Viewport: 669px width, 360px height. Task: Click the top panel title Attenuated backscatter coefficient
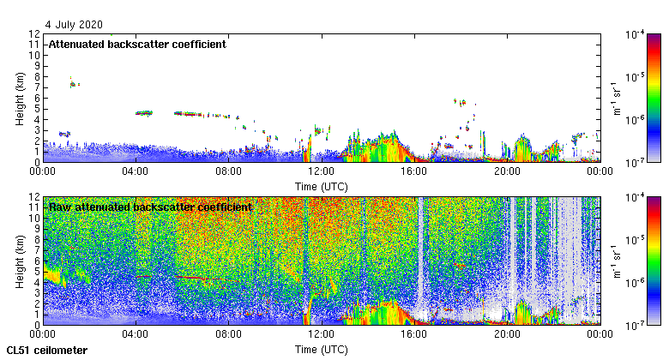(137, 45)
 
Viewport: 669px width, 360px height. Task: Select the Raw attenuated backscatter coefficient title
(149, 207)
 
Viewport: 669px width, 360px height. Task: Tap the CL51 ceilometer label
(46, 351)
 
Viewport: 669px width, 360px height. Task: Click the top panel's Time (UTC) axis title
(320, 186)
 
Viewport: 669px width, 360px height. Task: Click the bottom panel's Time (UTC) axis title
(320, 350)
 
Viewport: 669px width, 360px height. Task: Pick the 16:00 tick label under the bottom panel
(413, 334)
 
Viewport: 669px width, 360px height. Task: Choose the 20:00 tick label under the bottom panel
(506, 334)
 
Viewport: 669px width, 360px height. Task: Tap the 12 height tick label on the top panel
(35, 34)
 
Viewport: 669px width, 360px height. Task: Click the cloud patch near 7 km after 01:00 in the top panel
(74, 84)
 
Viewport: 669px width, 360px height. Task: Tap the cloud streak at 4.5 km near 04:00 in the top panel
(143, 112)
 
